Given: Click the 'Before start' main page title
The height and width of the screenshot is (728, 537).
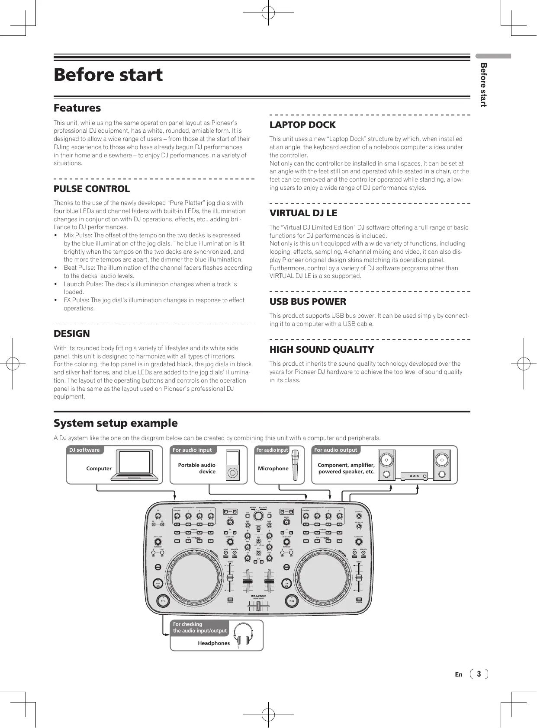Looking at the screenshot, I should click(x=108, y=75).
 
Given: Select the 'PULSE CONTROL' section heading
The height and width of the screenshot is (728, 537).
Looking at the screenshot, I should click(x=91, y=189).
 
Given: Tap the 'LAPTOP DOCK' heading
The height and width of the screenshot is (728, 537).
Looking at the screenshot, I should click(x=302, y=125).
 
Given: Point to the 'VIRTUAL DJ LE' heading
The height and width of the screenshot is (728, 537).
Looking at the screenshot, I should click(x=303, y=213).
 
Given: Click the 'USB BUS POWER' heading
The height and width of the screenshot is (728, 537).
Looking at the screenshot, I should click(x=308, y=302).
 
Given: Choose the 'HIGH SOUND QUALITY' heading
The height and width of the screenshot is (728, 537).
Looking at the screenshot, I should click(x=322, y=350).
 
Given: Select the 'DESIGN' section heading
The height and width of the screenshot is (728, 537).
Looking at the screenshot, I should click(x=72, y=334).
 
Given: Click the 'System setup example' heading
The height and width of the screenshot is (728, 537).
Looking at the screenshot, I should click(x=116, y=423).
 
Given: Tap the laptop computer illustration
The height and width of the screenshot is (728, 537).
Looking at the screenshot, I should click(x=135, y=465).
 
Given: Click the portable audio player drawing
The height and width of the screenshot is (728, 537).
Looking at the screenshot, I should click(x=233, y=465).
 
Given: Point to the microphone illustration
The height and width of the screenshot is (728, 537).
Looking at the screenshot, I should click(x=295, y=465).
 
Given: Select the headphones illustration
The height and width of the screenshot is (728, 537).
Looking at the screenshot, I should click(x=242, y=635).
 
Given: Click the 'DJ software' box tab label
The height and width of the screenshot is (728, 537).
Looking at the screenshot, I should click(x=84, y=450).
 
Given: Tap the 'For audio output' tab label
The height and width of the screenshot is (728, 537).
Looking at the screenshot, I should click(x=336, y=450).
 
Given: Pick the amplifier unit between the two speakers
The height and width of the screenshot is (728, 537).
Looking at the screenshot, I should click(x=414, y=476).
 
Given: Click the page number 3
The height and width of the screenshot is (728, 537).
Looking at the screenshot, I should click(x=479, y=674).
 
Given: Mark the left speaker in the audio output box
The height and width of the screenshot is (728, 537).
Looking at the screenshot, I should click(x=386, y=465).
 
